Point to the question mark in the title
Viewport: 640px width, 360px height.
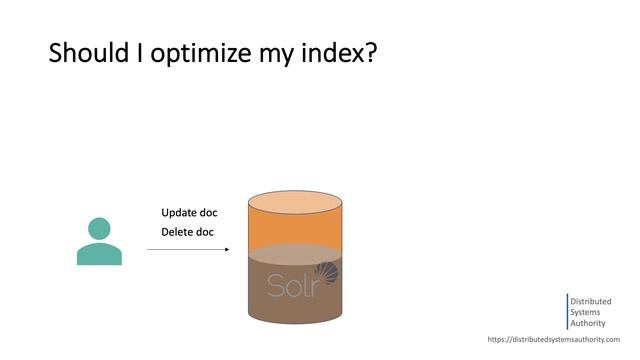[370, 53]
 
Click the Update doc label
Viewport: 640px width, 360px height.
[189, 213]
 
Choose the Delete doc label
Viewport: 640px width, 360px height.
[188, 233]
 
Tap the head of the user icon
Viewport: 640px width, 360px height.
[99, 227]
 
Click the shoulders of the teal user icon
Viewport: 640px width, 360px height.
[99, 254]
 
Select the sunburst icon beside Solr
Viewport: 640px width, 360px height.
[326, 274]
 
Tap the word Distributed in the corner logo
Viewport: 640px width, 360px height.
[591, 301]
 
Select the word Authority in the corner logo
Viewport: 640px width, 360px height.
[588, 323]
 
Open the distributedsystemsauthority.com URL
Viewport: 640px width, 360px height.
[553, 340]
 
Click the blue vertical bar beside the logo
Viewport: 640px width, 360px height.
[567, 312]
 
